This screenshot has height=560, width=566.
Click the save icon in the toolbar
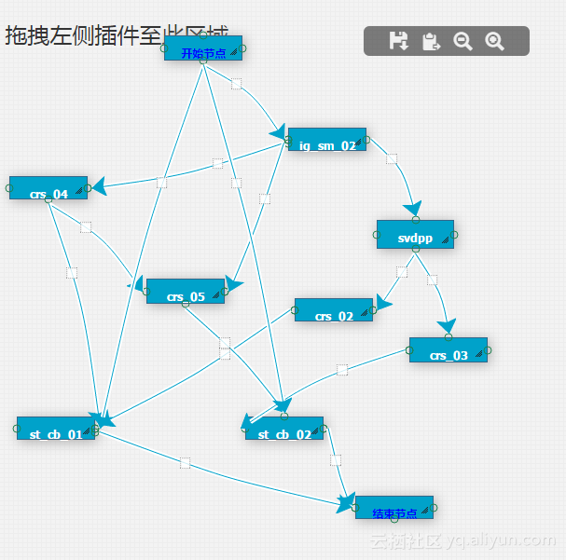398,41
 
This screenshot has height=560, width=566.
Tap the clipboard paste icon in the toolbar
431,41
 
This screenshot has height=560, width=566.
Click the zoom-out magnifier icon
462,41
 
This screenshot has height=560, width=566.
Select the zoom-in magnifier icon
494,41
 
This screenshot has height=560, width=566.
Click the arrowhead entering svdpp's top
411,210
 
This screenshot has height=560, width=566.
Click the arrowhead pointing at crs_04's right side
99,186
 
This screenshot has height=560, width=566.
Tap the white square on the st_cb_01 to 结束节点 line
185,462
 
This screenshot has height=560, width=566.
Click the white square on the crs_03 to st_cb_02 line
342,370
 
